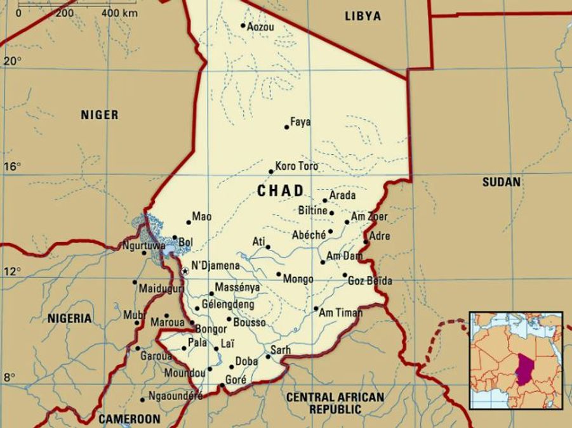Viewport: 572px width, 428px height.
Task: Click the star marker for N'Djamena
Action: tap(185, 271)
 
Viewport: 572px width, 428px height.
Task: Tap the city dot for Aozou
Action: tap(243, 26)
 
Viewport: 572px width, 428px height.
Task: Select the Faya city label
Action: tap(300, 122)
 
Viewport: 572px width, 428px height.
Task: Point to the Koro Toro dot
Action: tap(271, 171)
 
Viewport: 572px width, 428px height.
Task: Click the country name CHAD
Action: tap(281, 191)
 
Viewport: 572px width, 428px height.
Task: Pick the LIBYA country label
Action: tap(362, 16)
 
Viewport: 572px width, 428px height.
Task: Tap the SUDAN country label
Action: tap(501, 182)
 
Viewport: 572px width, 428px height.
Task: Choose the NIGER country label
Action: tap(99, 115)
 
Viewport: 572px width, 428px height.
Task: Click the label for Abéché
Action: tap(309, 235)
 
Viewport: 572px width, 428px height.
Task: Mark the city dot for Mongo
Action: tap(279, 275)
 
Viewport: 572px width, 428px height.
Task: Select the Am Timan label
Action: tap(340, 313)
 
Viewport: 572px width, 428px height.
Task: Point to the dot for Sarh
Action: tap(268, 356)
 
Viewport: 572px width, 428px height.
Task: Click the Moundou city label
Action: tap(185, 373)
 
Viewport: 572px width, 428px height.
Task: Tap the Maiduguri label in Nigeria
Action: tap(161, 289)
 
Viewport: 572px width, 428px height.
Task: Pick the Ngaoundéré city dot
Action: tap(142, 399)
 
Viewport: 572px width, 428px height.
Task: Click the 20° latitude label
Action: tap(13, 61)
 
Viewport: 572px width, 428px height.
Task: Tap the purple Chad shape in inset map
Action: tap(524, 368)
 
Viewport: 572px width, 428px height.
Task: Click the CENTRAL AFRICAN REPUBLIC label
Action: tap(335, 403)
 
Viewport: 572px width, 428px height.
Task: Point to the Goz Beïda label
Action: tap(370, 281)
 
